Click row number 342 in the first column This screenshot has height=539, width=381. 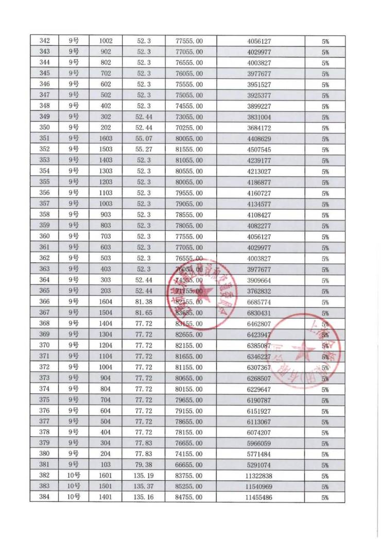[x=45, y=41]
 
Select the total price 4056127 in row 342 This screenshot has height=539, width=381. [x=260, y=41]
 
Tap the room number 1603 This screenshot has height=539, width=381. [x=106, y=139]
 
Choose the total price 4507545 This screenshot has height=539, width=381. [x=260, y=149]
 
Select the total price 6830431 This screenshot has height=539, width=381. [x=260, y=313]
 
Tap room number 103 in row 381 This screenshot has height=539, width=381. [x=106, y=465]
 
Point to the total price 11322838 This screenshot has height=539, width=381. [x=260, y=476]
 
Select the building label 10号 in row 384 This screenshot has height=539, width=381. [x=74, y=497]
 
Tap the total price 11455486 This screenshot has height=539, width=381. [x=260, y=497]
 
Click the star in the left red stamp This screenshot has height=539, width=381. [x=201, y=292]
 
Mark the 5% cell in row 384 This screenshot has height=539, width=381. [x=325, y=497]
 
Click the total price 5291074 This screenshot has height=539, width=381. [x=260, y=465]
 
